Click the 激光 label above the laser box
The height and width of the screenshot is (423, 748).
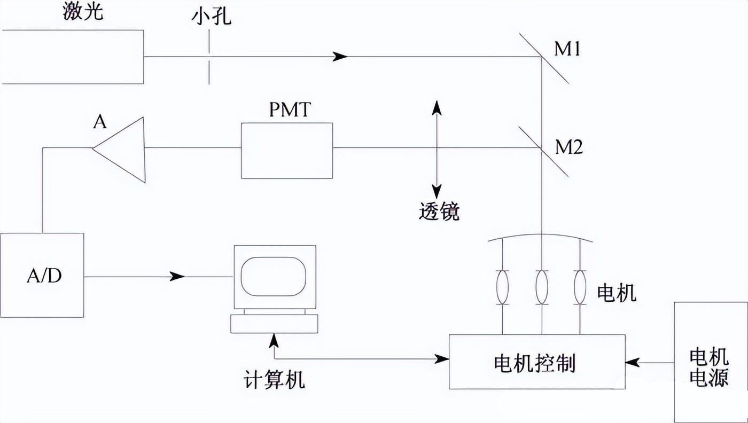click(x=83, y=12)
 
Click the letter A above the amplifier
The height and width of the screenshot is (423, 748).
click(x=99, y=122)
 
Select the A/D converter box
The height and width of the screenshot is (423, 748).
click(x=42, y=275)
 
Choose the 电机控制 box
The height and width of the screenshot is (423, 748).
click(x=536, y=362)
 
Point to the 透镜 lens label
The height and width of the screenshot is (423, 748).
click(x=439, y=212)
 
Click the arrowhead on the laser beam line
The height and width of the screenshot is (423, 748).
click(x=340, y=56)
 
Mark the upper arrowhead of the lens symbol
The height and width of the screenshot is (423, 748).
click(x=437, y=105)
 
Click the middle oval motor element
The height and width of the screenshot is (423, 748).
click(x=542, y=287)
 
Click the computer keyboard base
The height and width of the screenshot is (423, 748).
click(x=274, y=323)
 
